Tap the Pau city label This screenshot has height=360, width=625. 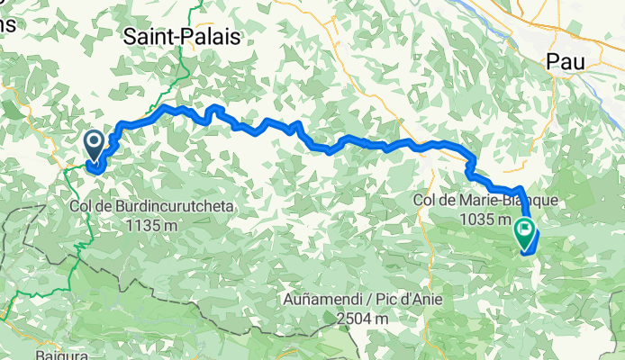click(567, 61)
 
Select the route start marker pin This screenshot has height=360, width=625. click(94, 144)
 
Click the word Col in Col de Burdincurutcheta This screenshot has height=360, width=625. click(80, 207)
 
